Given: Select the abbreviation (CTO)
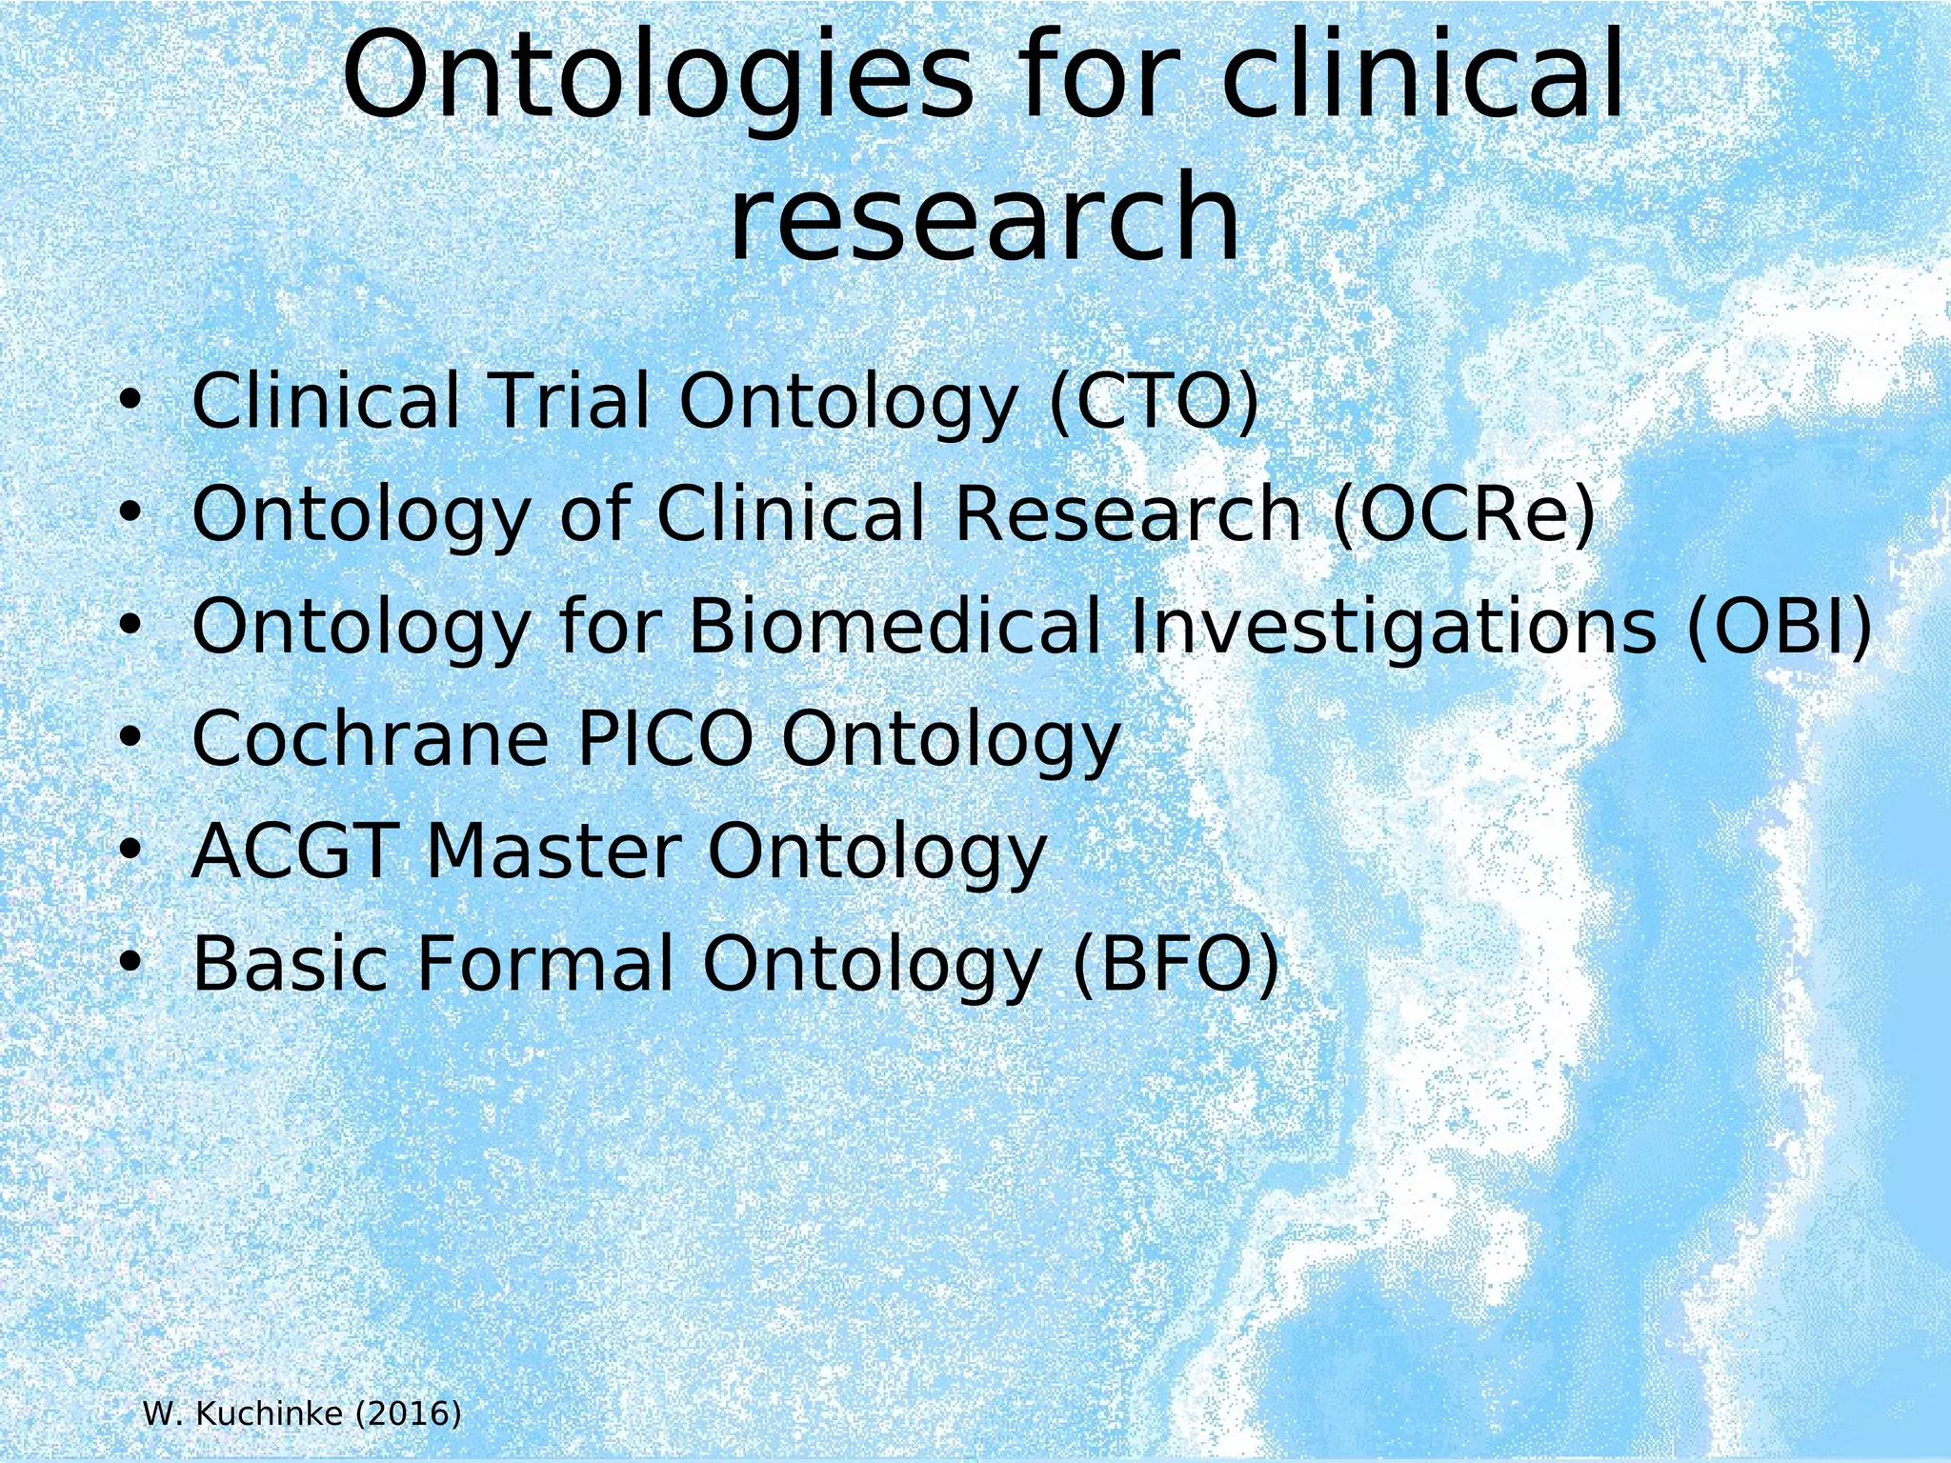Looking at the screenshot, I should [x=1154, y=401].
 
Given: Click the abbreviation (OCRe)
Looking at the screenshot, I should [x=1463, y=514].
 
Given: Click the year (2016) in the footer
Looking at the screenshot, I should [x=408, y=1413].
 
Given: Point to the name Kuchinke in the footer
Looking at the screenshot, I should [x=269, y=1413].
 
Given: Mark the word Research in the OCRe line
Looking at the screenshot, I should [x=1127, y=514].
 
